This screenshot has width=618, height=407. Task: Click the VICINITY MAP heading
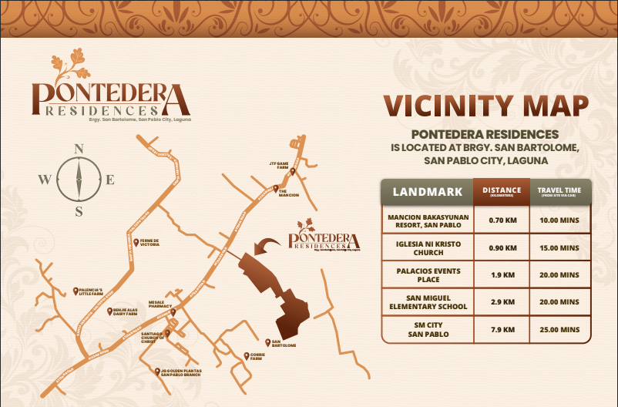(x=486, y=106)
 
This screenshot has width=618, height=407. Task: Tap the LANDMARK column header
(x=428, y=191)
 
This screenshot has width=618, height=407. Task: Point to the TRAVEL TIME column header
(x=560, y=192)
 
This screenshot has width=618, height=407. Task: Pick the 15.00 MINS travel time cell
(x=560, y=247)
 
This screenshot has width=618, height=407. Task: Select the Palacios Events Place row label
(x=428, y=275)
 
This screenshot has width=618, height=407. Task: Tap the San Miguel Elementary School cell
(x=428, y=301)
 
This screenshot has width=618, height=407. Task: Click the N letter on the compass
(x=78, y=149)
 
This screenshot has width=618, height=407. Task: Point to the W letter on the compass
(x=44, y=180)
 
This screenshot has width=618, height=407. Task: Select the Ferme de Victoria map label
(x=149, y=243)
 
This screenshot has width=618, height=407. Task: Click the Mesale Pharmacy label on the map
(x=161, y=305)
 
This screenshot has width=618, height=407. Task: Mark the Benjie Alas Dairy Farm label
(x=123, y=312)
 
